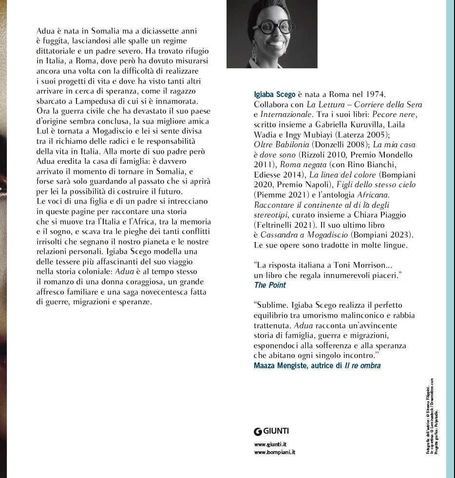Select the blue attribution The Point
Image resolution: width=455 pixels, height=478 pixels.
click(270, 285)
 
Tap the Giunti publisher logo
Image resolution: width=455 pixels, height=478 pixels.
click(271, 431)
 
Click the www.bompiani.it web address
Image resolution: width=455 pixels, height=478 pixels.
click(274, 452)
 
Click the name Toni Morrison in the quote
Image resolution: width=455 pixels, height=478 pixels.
click(377, 265)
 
